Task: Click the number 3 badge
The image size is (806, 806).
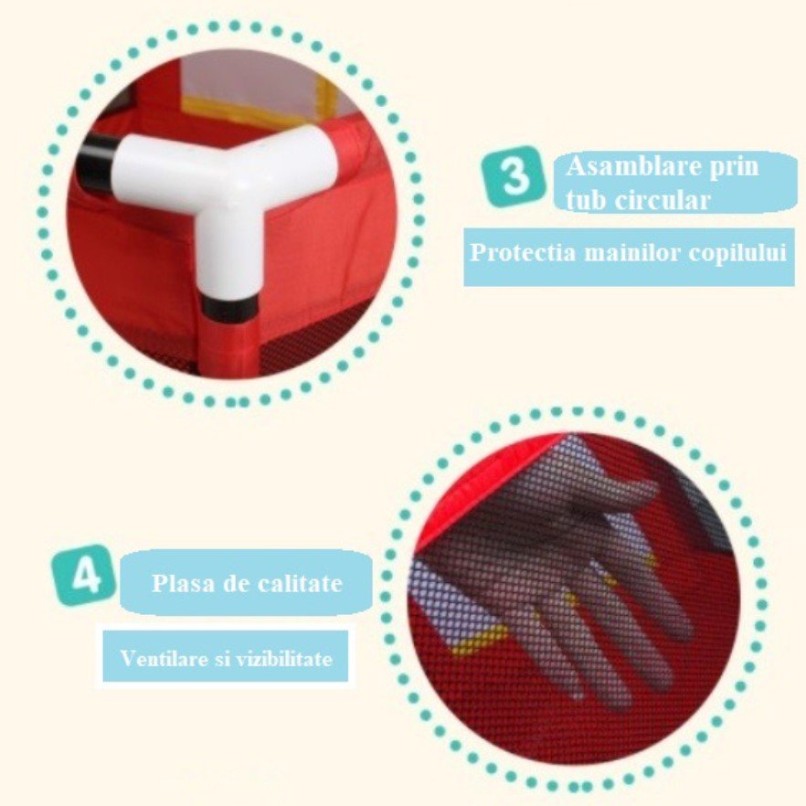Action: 514,175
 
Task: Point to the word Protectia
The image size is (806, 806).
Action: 523,252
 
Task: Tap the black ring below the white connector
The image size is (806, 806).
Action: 229,309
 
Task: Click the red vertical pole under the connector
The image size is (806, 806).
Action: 228,349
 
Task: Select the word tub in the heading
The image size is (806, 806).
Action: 586,199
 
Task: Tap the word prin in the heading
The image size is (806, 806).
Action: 734,167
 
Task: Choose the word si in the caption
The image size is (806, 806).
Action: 221,659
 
